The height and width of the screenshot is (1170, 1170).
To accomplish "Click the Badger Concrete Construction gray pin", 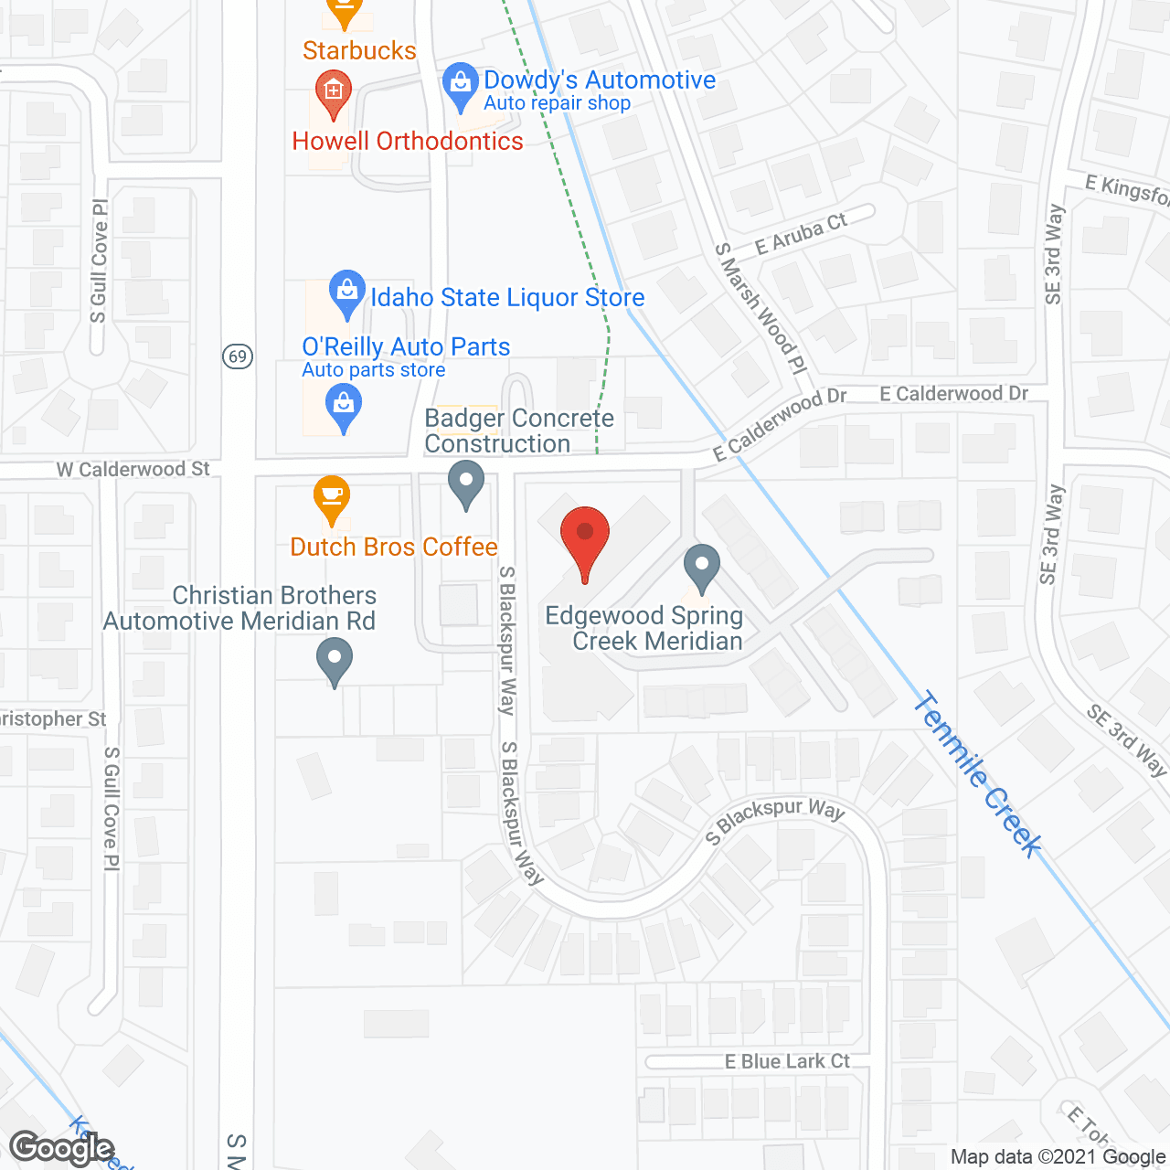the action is pyautogui.click(x=466, y=483).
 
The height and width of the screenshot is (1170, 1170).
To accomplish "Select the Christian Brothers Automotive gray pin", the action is pyautogui.click(x=335, y=660).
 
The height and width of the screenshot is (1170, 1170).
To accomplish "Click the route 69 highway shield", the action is pyautogui.click(x=238, y=356).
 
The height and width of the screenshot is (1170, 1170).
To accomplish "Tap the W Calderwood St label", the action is pyautogui.click(x=133, y=469).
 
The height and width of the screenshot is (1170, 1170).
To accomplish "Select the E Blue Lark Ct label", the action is pyautogui.click(x=787, y=1061).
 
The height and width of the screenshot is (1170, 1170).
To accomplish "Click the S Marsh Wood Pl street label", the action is pyautogui.click(x=760, y=307).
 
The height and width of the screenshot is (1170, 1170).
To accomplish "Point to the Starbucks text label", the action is pyautogui.click(x=359, y=50).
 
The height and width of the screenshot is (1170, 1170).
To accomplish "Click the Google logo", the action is pyautogui.click(x=62, y=1148).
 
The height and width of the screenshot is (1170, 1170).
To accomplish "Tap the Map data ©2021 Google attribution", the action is pyautogui.click(x=1058, y=1157).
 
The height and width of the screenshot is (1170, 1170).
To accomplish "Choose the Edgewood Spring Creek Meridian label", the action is pyautogui.click(x=644, y=628).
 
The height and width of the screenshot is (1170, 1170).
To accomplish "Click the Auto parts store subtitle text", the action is pyautogui.click(x=374, y=370).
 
